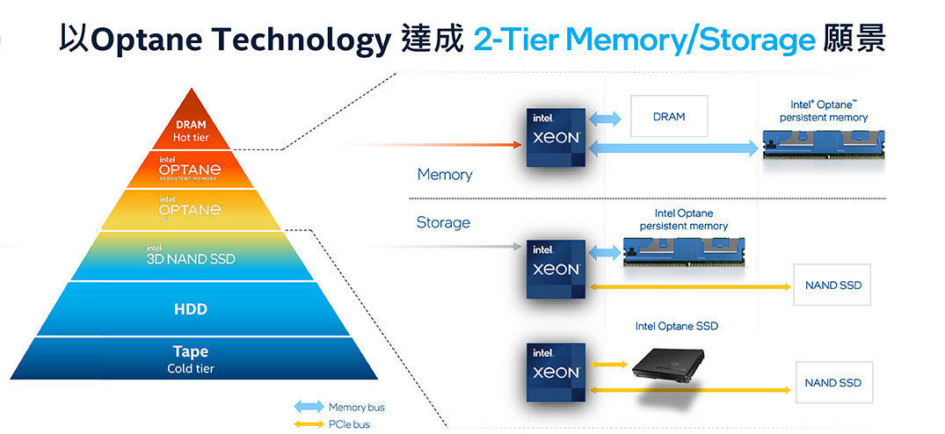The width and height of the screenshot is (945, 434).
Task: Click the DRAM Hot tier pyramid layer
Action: pos(190,131)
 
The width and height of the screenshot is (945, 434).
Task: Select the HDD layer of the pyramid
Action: pos(190,309)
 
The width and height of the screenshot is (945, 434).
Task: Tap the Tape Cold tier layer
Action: pos(190,358)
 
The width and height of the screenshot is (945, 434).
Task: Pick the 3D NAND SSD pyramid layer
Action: pos(190,257)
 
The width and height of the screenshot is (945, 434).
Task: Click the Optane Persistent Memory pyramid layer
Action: pos(190,169)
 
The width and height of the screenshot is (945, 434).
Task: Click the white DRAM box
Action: pos(669,117)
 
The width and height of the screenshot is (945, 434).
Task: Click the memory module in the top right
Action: pos(824,143)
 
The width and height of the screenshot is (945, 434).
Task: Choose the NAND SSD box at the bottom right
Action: pos(832,383)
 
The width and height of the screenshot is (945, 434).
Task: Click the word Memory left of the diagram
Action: pos(444,175)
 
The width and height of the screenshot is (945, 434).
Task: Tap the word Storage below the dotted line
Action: pos(443,223)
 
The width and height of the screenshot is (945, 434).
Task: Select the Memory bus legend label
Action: pos(356,408)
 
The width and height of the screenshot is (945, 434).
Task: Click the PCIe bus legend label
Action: pos(349,424)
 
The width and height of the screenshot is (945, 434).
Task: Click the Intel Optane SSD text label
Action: pos(676,326)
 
